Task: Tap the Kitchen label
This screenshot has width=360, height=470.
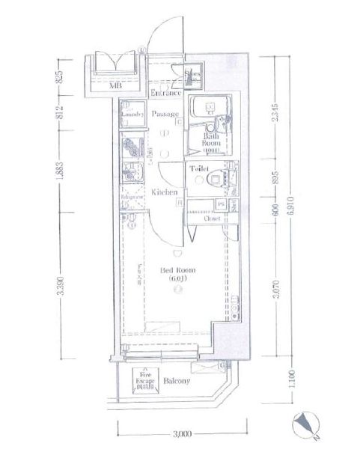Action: [164, 192]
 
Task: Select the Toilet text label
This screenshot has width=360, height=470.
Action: [198, 169]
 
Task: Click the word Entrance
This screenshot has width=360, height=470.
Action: [165, 94]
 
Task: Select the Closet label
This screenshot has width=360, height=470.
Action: [211, 219]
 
